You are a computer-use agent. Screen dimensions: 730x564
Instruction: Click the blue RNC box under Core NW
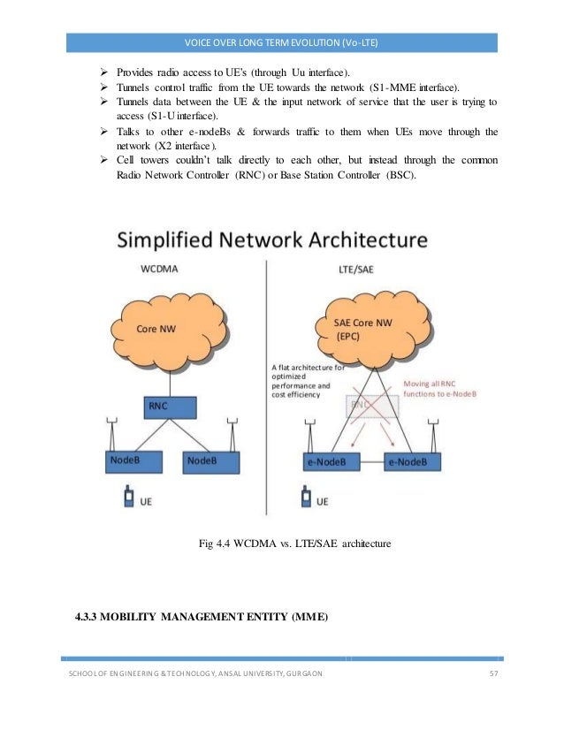(168, 407)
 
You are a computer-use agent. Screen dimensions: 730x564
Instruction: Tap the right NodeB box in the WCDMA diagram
(210, 462)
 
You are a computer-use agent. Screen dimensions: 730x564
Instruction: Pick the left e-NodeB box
(327, 462)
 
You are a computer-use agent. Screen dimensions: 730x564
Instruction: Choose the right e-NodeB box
(411, 462)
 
